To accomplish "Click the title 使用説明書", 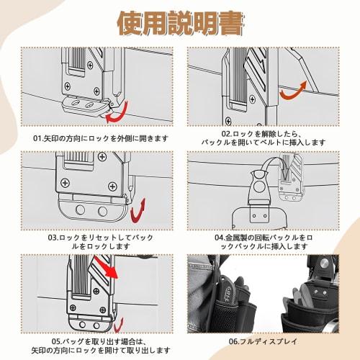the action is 181,23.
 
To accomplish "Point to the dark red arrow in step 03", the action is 138,211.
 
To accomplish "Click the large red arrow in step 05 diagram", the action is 106,267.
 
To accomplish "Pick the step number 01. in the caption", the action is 38,138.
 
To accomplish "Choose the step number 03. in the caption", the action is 53,238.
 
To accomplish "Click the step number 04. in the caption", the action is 220,238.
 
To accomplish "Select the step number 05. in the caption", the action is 57,341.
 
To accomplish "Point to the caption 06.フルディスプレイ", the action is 263,341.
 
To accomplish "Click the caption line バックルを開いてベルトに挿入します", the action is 264,143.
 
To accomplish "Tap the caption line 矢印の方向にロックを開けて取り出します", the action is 101,350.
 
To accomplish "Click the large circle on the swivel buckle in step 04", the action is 258,186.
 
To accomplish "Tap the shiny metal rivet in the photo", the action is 323,264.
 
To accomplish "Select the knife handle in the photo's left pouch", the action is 226,292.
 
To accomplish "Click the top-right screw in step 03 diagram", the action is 102,157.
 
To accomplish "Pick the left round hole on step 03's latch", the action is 80,210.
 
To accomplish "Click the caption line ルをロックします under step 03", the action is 101,246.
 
